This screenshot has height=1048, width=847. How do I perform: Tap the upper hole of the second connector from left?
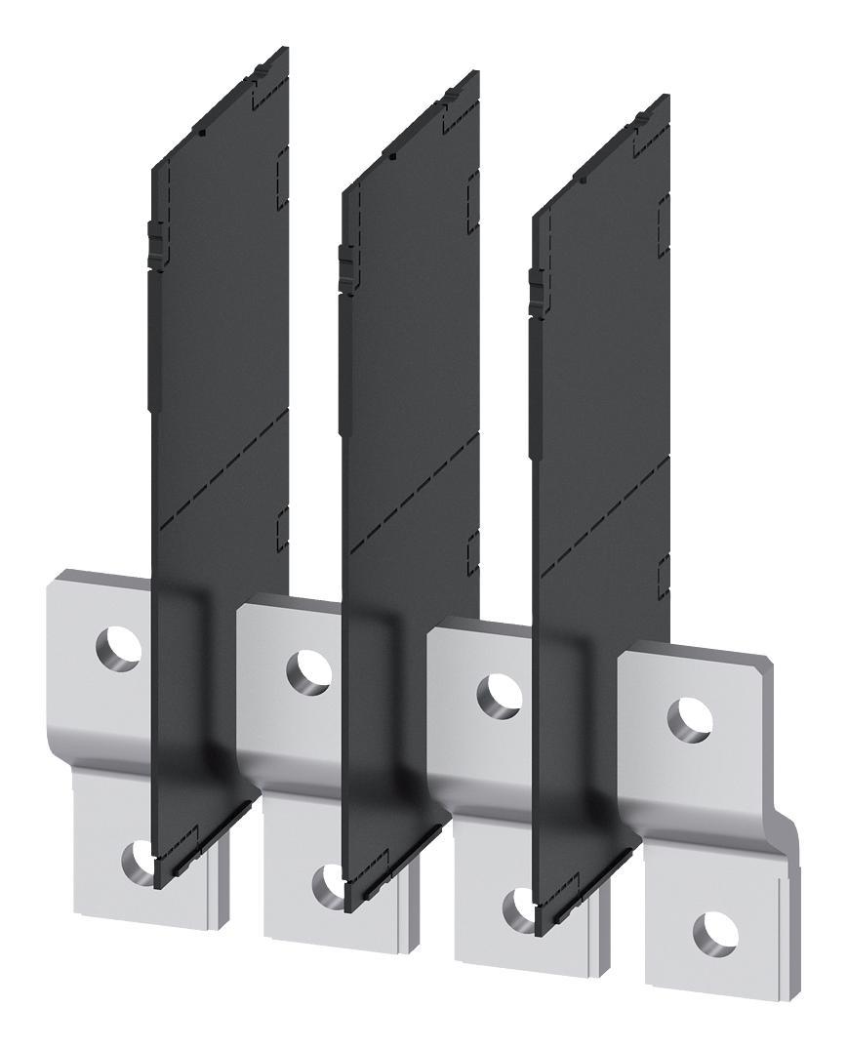click(x=306, y=669)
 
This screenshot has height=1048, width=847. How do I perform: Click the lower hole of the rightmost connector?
click(x=710, y=931)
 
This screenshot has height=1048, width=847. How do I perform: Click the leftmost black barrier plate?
click(x=220, y=390)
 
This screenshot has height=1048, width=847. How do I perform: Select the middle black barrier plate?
click(x=410, y=410)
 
